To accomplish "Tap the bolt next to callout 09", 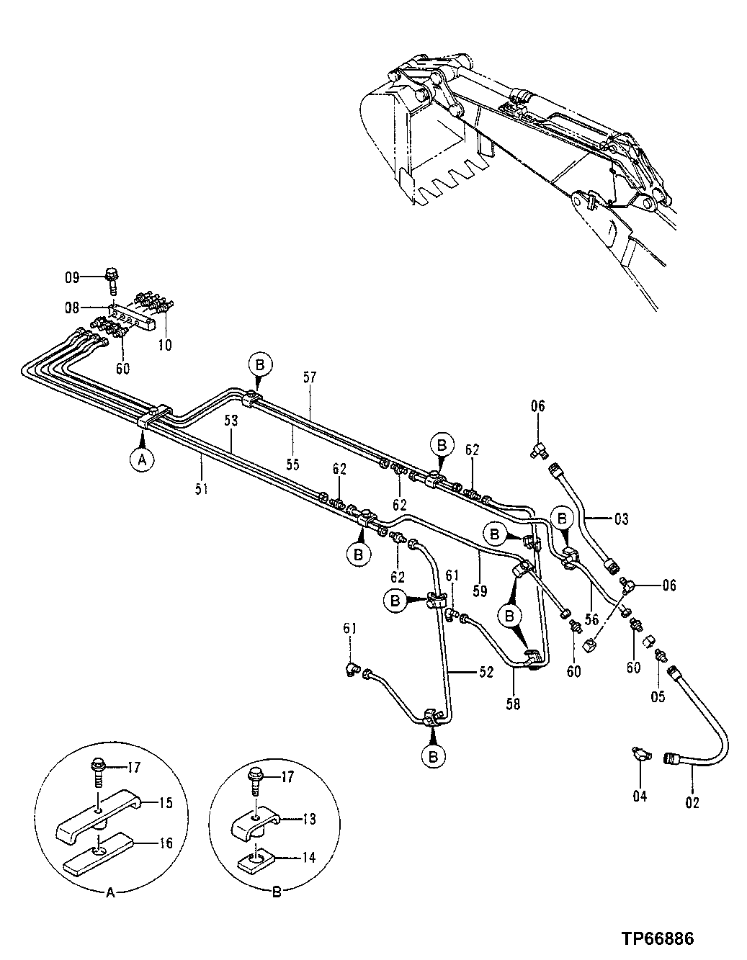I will [x=112, y=278].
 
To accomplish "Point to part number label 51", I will [x=202, y=488].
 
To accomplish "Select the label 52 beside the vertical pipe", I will [x=487, y=671].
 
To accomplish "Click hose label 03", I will [x=621, y=517].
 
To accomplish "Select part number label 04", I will [x=640, y=796].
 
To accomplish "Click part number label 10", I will [x=165, y=345].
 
